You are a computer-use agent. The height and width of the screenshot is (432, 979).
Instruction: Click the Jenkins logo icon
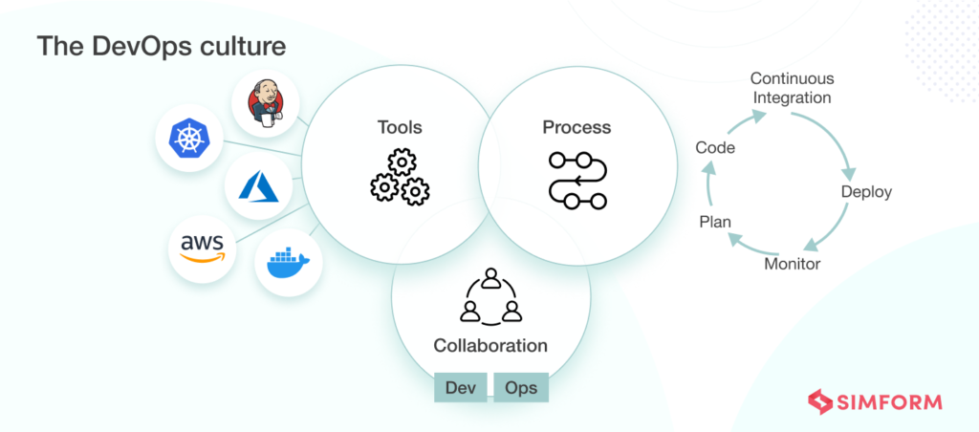click(x=265, y=104)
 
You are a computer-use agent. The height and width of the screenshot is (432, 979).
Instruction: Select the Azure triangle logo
click(x=258, y=187)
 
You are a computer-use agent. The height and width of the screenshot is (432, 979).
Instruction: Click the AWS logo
click(x=202, y=248)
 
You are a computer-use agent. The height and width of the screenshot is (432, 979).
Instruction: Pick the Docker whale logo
click(x=288, y=261)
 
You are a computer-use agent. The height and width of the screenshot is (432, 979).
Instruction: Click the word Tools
click(x=400, y=127)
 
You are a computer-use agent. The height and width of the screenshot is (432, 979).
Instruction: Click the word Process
click(x=577, y=127)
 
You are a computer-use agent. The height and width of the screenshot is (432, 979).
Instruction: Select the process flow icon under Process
click(x=577, y=180)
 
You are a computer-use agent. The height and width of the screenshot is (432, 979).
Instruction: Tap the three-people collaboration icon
click(x=490, y=297)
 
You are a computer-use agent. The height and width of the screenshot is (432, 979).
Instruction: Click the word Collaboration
click(x=490, y=346)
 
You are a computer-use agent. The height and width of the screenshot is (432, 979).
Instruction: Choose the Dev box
click(x=461, y=388)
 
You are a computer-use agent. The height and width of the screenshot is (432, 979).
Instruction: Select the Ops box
click(x=521, y=388)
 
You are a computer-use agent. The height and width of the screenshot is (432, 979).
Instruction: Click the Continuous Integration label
click(x=792, y=88)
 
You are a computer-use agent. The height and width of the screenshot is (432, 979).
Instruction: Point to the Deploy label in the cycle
click(x=866, y=192)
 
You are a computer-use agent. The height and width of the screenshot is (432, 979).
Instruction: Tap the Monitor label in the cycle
click(x=792, y=263)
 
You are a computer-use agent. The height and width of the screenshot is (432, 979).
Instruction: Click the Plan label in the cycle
click(x=715, y=222)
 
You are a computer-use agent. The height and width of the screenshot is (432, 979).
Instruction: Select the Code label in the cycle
click(x=715, y=147)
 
